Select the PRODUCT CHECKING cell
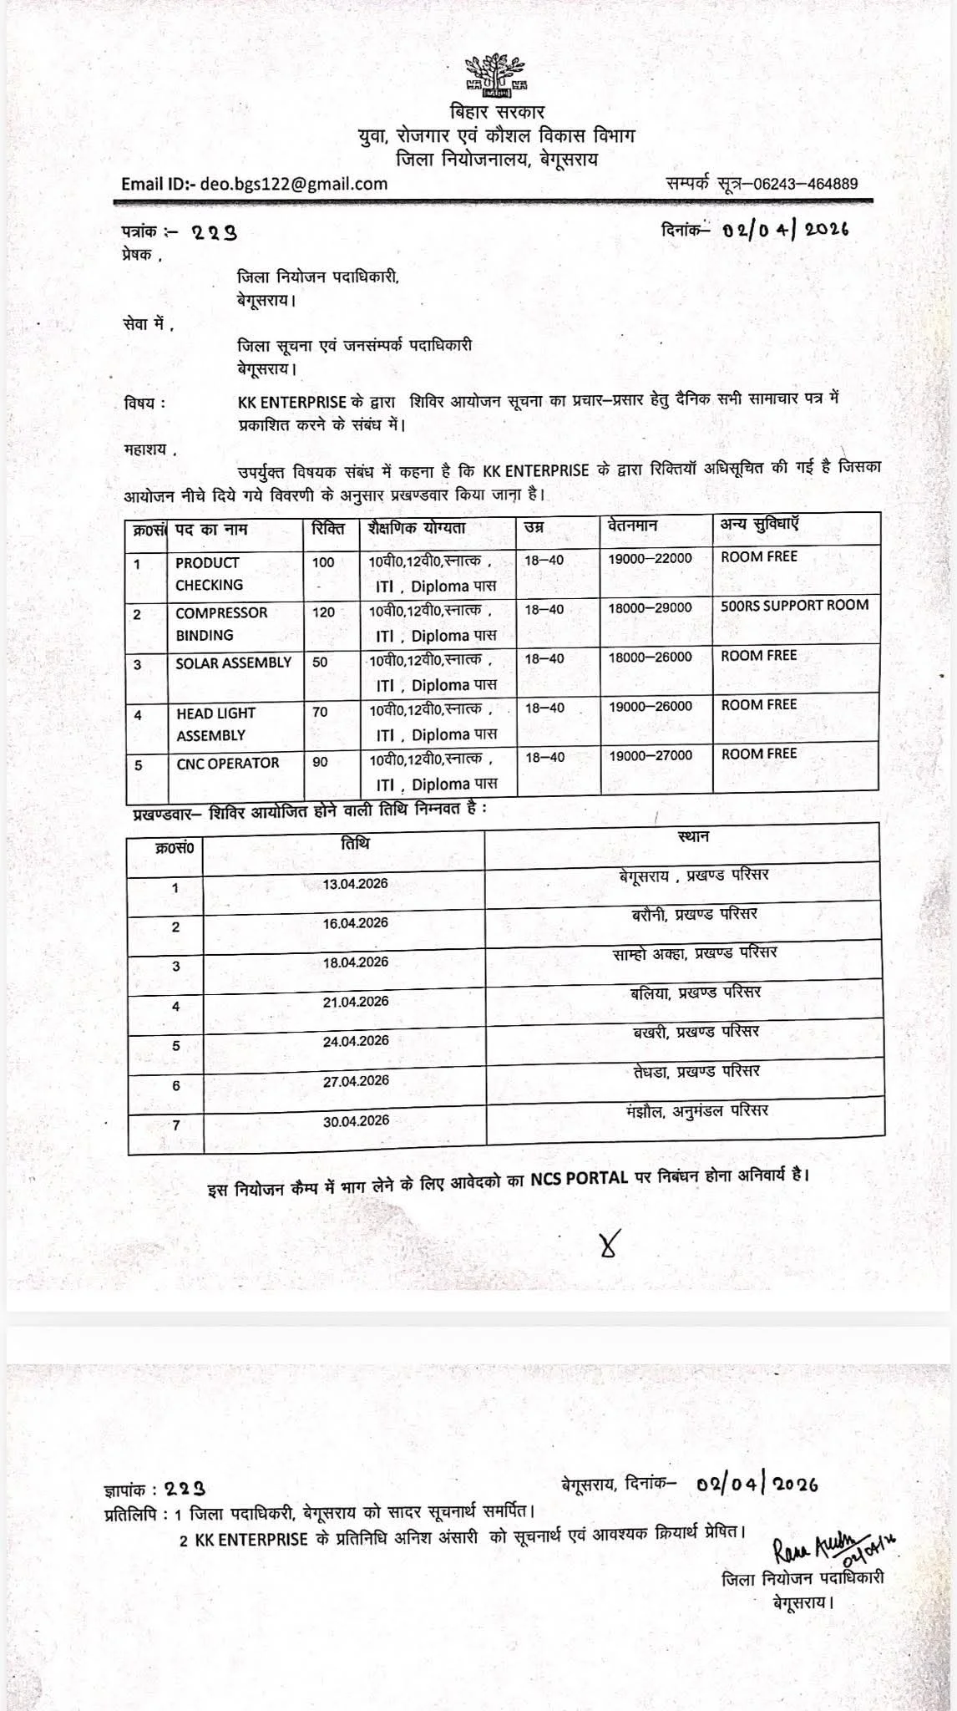click(209, 574)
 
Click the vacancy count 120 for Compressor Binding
click(323, 612)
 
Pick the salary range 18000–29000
click(650, 608)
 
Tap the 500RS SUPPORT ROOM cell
click(794, 605)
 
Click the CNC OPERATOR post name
click(227, 763)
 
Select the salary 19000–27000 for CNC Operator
click(650, 755)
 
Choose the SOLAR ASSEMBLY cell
click(233, 663)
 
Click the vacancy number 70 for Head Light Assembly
click(320, 712)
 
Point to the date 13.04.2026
click(356, 884)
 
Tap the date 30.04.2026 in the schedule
click(356, 1120)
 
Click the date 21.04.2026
click(356, 1002)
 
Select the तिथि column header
click(354, 843)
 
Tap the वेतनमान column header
click(633, 526)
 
